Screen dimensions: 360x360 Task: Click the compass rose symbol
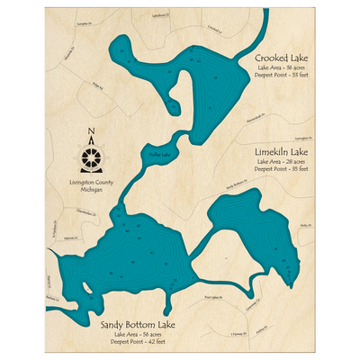point(93,157)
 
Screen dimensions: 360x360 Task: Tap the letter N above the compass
point(93,137)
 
